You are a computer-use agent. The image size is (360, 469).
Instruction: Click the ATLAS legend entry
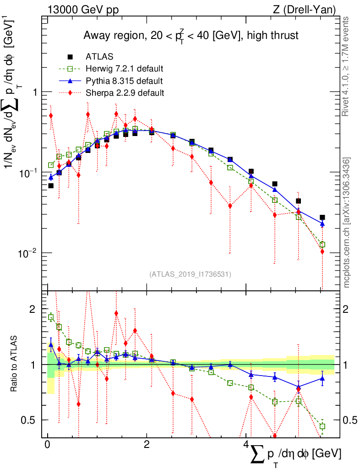pos(100,57)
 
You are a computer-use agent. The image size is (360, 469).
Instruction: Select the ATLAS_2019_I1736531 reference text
pos(190,274)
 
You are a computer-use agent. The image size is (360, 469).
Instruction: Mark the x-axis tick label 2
pos(147,445)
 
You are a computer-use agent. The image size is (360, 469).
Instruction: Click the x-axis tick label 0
pos(48,445)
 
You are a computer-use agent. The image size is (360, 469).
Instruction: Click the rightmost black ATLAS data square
pos(322,218)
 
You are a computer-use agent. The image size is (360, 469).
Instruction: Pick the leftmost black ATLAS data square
pos(51,185)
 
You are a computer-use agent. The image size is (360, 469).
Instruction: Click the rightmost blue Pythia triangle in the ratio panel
pos(322,378)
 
